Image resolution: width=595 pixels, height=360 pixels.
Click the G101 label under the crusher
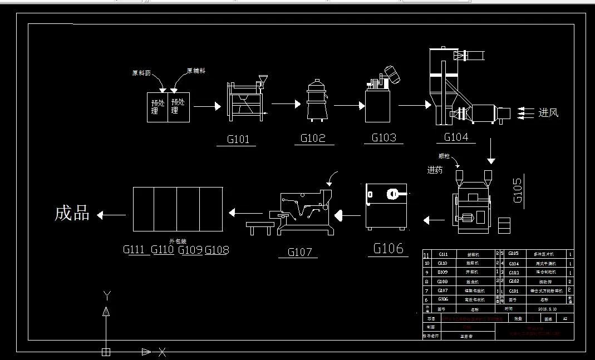coord(238,139)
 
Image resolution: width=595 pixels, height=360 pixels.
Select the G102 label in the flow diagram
coord(313,138)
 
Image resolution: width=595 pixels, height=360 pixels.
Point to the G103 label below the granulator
coord(384,137)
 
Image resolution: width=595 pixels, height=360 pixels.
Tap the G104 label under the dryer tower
coord(456,137)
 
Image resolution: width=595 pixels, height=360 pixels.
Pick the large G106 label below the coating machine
coord(388,248)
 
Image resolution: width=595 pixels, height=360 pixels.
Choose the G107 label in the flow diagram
coord(299,252)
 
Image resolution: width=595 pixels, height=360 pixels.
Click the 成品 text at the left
coord(72,213)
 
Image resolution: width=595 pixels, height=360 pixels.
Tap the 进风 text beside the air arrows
coord(548,113)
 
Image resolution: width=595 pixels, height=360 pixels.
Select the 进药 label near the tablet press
coord(435,170)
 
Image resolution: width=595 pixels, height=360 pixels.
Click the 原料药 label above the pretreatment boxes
coord(141,73)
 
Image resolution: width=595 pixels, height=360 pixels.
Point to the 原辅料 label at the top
coord(196,71)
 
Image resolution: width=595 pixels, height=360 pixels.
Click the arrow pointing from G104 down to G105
coord(490,151)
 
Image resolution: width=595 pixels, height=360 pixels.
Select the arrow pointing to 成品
coord(111,214)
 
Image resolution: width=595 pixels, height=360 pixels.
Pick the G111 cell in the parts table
coord(443,254)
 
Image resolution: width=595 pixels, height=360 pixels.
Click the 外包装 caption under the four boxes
coord(178,241)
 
